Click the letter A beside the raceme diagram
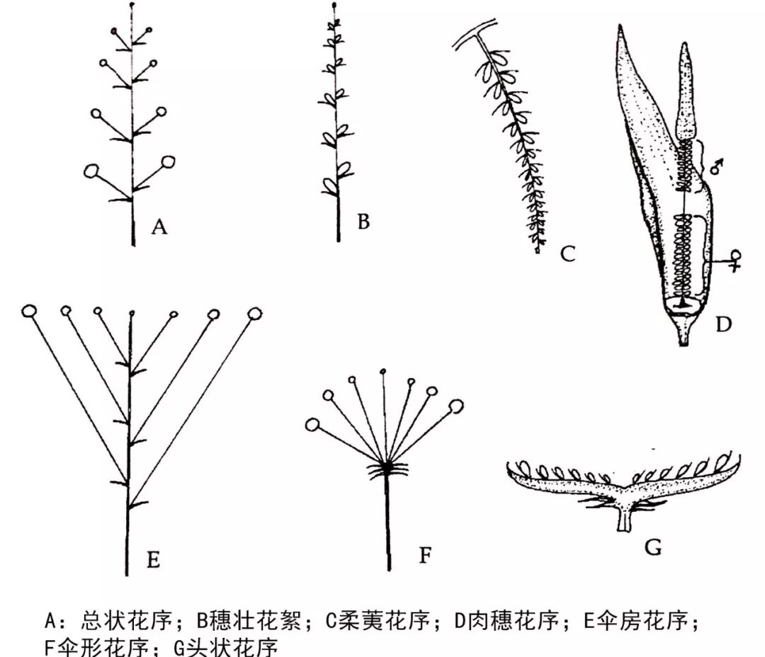point(159,227)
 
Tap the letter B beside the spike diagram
point(363,222)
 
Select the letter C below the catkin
point(568,253)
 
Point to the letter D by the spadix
point(723,324)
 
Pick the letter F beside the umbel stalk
point(425,554)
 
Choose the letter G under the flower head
point(654,547)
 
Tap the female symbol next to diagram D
point(737,260)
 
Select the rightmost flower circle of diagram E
point(254,312)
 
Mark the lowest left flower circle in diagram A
point(92,171)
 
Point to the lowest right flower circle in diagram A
point(169,162)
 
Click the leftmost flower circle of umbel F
point(312,425)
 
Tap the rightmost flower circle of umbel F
point(455,406)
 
